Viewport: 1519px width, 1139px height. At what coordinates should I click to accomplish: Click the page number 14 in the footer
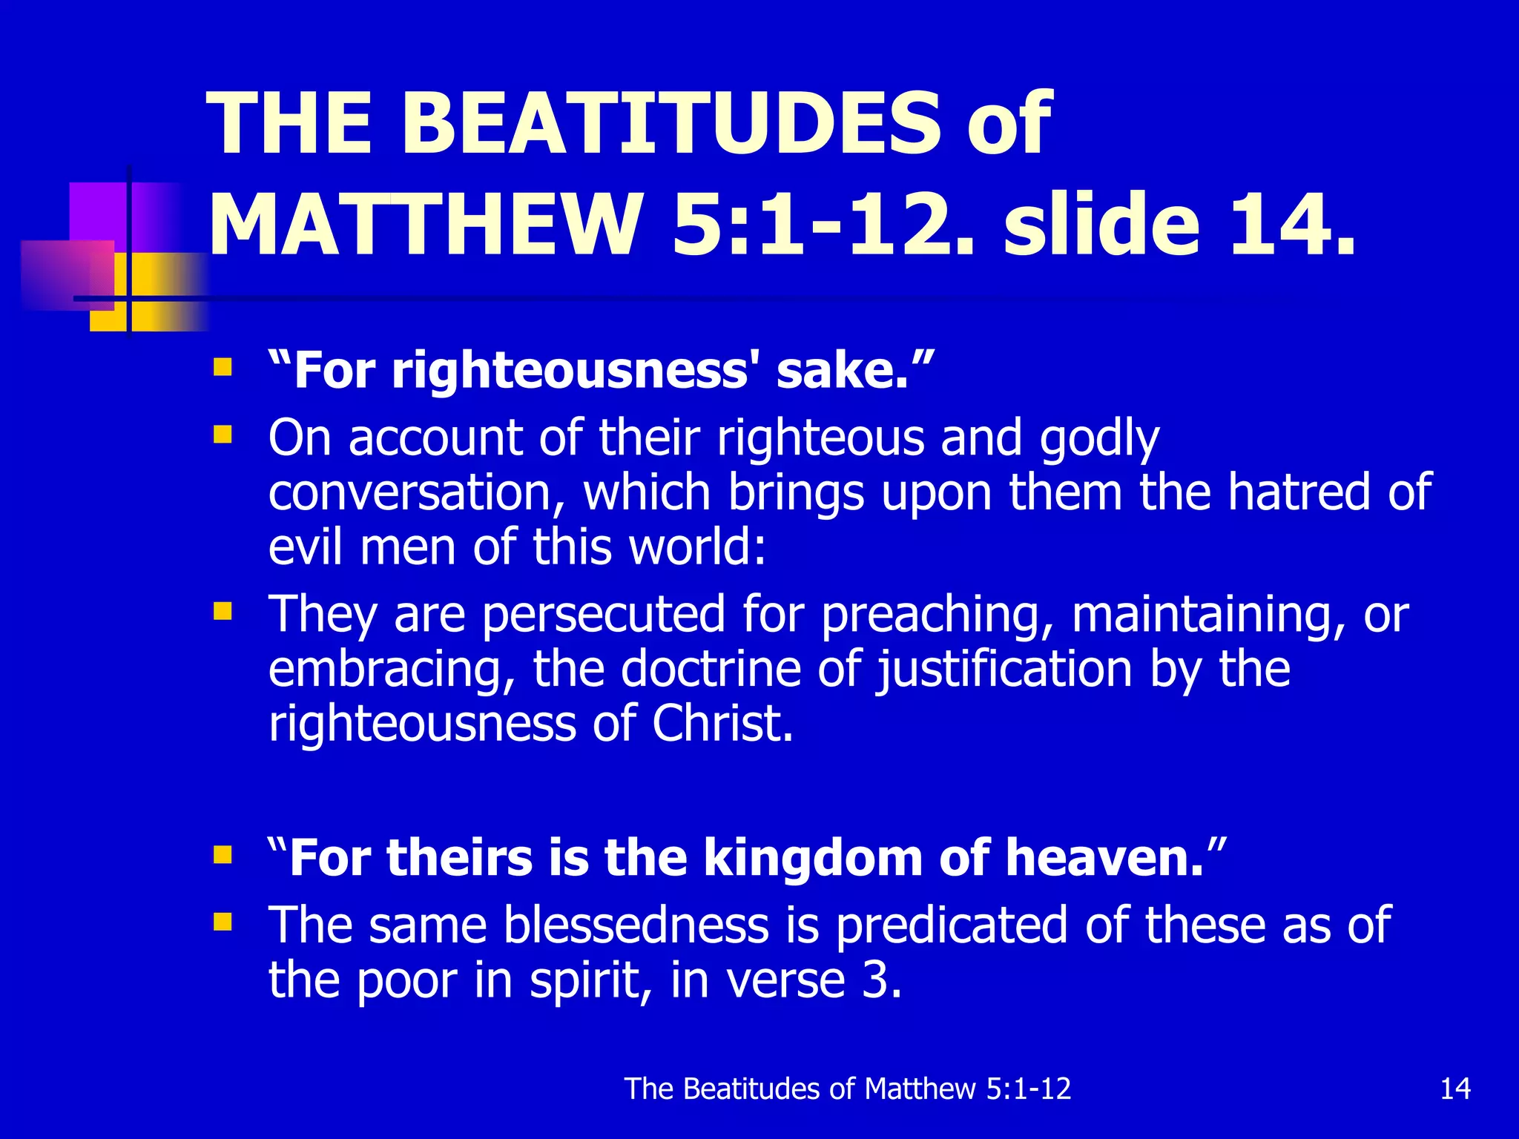click(x=1454, y=1089)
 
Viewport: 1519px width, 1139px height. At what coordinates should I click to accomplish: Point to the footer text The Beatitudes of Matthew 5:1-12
click(x=848, y=1089)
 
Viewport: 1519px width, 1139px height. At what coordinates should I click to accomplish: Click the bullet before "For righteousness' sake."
click(x=223, y=367)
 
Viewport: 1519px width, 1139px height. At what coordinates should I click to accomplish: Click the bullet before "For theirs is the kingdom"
click(x=223, y=855)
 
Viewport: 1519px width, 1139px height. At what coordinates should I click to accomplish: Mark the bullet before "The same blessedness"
click(x=223, y=922)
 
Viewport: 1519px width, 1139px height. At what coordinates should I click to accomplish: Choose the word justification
click(x=1004, y=670)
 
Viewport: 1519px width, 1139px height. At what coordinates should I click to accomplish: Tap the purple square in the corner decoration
click(x=100, y=211)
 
